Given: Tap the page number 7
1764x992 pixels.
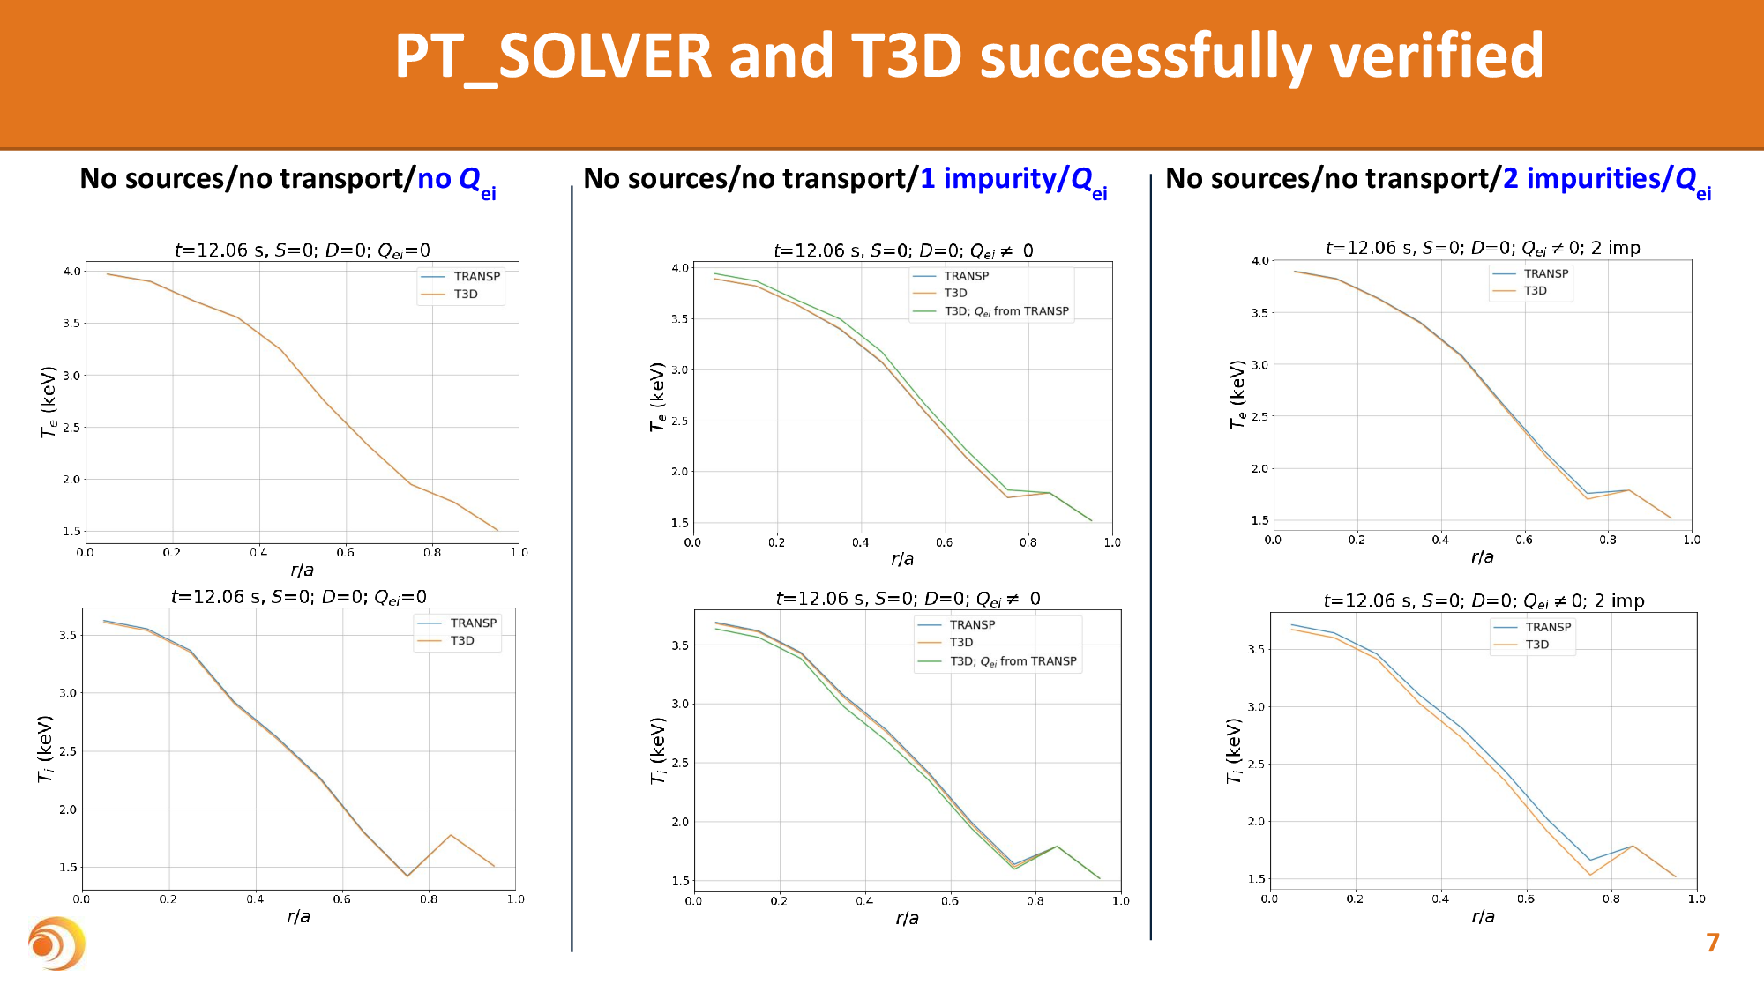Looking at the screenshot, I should tap(1712, 943).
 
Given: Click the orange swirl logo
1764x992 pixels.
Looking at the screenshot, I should tap(56, 944).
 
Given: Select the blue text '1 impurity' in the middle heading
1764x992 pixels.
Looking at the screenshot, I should tap(988, 179).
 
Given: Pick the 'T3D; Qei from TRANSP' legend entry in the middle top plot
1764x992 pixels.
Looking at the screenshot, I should tap(1005, 311).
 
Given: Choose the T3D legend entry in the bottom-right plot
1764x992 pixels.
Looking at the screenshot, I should tap(1536, 645).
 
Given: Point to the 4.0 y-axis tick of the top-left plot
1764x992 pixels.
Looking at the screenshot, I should tap(71, 271).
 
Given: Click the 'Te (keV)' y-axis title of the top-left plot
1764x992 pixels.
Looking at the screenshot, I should tap(49, 401).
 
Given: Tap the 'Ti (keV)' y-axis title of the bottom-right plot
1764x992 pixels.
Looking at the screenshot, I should tap(1234, 750).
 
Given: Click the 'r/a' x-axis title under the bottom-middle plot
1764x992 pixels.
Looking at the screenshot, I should tap(907, 919).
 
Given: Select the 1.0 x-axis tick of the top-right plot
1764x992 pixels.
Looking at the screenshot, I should tap(1691, 540).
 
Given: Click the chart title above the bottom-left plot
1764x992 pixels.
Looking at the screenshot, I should tap(298, 597).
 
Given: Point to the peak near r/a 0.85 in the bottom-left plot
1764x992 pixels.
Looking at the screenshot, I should tap(451, 834).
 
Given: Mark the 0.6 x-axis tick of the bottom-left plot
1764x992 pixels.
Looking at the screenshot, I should tap(341, 899).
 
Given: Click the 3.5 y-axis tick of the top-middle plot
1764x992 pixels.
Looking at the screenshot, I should tap(679, 319).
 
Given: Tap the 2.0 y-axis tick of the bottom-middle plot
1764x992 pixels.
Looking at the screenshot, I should tap(679, 822).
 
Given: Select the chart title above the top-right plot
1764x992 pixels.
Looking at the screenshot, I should tap(1482, 248).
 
